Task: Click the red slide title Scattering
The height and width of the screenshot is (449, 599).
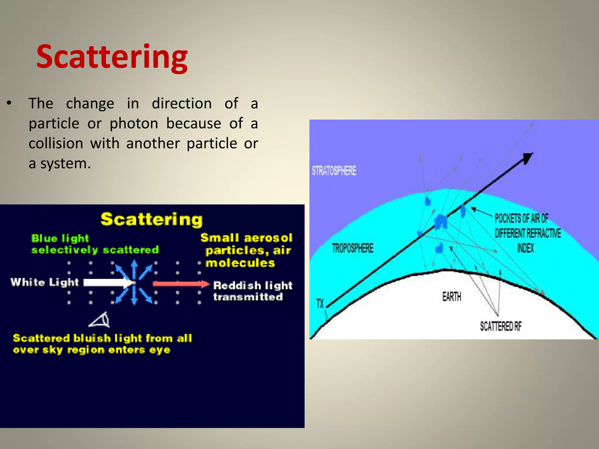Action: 112,57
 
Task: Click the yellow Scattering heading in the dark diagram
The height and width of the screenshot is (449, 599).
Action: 152,220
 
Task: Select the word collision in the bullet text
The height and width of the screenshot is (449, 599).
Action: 56,144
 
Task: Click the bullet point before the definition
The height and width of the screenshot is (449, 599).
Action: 9,103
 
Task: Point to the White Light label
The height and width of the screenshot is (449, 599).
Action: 45,282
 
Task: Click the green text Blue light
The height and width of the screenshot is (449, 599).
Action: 60,239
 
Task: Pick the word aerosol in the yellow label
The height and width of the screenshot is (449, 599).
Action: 268,238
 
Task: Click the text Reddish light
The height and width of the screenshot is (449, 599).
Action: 253,285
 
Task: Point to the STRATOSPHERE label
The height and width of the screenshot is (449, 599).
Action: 334,171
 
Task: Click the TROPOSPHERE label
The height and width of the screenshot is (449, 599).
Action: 352,248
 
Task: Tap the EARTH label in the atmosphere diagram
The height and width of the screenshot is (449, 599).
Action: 451,297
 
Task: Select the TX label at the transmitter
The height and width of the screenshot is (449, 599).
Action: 320,303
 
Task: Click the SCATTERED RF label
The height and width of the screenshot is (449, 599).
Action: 500,326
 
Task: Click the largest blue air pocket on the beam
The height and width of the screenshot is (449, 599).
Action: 440,221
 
